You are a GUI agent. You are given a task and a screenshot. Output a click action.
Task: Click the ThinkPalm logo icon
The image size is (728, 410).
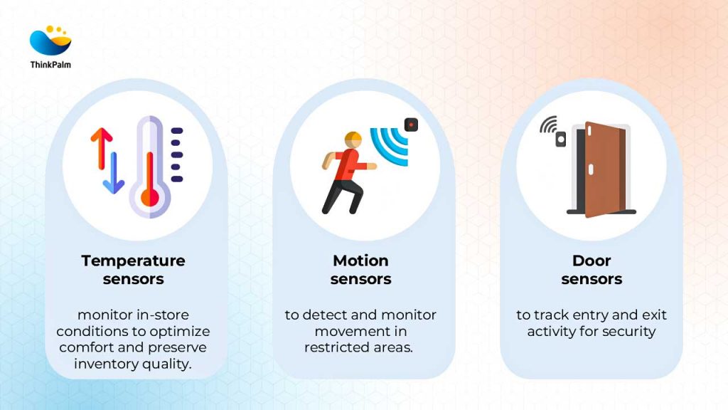(50, 41)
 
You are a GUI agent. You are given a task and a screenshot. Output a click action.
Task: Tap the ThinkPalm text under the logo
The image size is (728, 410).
(50, 65)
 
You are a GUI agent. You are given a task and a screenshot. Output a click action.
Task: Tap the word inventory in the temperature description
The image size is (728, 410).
(111, 364)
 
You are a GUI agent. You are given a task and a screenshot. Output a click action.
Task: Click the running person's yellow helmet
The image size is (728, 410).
(353, 138)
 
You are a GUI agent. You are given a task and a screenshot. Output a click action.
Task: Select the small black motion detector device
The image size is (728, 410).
(411, 125)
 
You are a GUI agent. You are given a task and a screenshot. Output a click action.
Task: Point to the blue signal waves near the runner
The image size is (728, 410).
(390, 147)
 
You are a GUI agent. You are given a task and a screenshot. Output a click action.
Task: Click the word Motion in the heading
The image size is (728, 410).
(360, 261)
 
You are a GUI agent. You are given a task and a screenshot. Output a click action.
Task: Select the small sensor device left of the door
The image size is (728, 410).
(560, 140)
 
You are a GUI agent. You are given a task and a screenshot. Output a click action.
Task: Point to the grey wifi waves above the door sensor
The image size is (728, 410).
(548, 125)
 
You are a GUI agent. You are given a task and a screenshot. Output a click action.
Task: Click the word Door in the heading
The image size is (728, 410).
(591, 261)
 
